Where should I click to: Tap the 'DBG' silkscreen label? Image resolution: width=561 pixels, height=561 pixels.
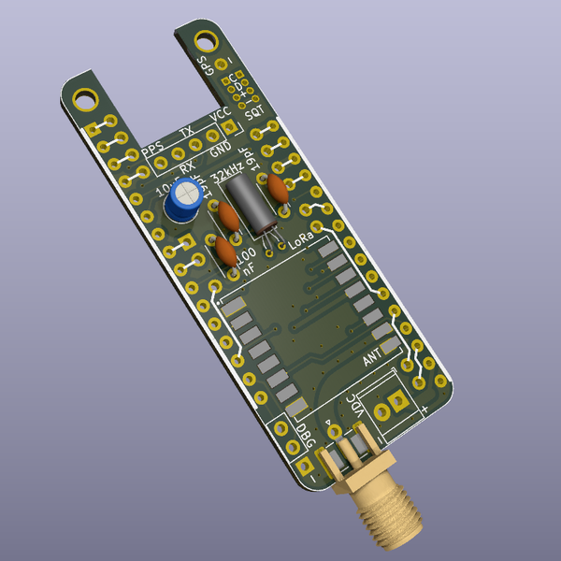[304, 437]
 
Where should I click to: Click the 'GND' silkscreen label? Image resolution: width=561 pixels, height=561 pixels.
[221, 148]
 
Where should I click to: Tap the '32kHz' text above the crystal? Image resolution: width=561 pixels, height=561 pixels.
[229, 175]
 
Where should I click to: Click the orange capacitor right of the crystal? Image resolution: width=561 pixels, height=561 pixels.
[278, 188]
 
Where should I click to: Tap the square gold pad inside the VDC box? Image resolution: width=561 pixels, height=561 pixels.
[399, 402]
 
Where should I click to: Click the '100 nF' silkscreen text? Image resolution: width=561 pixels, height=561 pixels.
[245, 262]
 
